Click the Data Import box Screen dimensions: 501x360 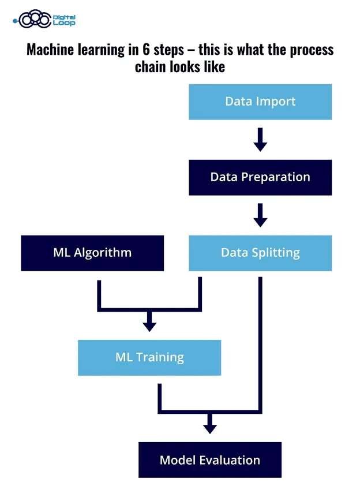260,102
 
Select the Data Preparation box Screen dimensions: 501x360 260,177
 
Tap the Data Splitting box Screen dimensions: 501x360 260,253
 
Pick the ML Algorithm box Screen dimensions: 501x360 92,253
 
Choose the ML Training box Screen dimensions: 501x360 149,357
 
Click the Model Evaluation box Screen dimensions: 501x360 210,460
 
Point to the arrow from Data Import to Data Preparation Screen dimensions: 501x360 260,140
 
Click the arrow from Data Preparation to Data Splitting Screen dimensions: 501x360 260,215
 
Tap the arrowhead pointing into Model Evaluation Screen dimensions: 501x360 210,428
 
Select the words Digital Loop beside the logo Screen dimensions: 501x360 64,20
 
